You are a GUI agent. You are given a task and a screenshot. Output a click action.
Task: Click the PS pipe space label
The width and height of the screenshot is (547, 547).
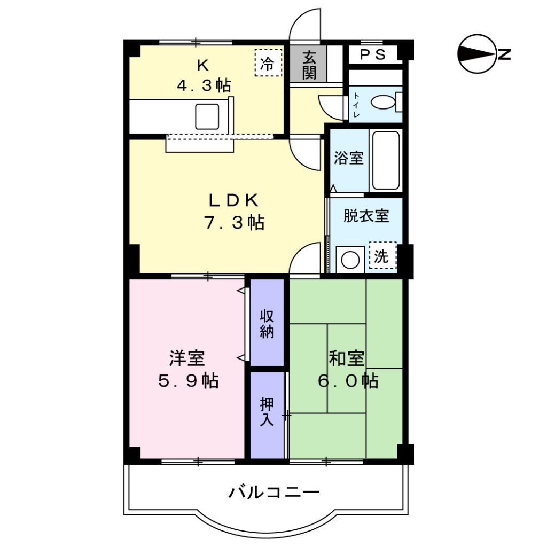tap(372, 54)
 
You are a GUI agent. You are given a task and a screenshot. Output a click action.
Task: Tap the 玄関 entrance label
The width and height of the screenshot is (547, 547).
tap(309, 65)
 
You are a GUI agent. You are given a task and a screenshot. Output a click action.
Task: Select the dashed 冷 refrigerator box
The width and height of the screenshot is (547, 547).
tap(268, 63)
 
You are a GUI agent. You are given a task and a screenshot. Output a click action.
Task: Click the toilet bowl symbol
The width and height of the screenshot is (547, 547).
tap(383, 103)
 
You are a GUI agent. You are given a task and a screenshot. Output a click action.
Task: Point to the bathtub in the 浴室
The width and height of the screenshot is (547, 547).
tap(386, 160)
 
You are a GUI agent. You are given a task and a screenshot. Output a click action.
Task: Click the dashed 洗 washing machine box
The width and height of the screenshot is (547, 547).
tap(382, 256)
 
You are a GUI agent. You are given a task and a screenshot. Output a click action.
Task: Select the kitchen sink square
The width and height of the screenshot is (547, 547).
tap(207, 116)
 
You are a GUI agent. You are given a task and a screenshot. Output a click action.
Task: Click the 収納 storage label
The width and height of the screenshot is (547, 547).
tap(267, 324)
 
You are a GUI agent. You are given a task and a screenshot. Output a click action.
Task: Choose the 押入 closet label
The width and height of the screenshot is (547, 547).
tap(267, 412)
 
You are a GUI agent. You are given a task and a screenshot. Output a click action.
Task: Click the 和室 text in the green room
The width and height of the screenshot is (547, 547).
tap(346, 358)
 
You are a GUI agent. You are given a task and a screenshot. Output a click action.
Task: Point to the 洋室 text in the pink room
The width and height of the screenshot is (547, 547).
tap(187, 358)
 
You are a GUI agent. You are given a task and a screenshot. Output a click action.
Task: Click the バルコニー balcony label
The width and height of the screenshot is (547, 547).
tap(274, 492)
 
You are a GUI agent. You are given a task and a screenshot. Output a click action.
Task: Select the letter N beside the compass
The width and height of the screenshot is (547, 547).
tap(504, 54)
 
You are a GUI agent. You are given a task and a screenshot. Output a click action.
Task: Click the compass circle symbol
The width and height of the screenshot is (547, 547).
tap(477, 54)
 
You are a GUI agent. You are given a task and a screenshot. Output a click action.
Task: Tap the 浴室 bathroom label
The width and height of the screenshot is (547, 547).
tap(348, 158)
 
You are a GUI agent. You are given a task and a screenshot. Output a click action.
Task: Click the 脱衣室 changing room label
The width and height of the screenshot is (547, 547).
tap(366, 216)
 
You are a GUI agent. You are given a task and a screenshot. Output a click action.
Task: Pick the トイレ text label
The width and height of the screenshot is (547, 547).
tap(356, 105)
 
